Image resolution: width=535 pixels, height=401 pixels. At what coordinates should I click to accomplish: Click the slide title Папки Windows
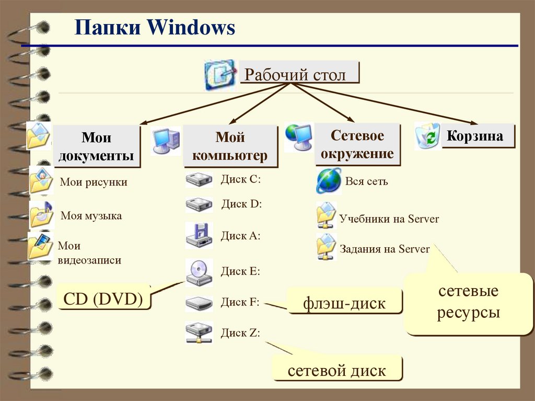[154, 27]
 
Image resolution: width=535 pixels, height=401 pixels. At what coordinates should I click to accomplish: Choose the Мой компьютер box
[230, 146]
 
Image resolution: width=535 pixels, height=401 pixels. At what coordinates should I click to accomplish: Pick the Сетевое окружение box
[357, 145]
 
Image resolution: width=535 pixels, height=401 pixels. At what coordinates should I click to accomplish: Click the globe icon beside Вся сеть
[329, 181]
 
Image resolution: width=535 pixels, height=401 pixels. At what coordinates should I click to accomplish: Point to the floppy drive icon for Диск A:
[199, 235]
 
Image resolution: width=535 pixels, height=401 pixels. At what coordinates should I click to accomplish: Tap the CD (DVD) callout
[103, 299]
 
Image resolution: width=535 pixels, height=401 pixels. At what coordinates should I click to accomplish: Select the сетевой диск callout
[337, 370]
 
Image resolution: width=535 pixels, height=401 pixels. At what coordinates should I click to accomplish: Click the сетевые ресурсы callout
[468, 303]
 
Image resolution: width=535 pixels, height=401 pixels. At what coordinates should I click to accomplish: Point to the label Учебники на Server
[389, 219]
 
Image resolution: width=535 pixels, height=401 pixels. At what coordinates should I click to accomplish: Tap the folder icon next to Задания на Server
[327, 247]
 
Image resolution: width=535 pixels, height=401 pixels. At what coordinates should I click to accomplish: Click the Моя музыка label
[91, 215]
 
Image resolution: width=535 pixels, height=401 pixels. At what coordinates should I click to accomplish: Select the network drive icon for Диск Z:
[199, 333]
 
